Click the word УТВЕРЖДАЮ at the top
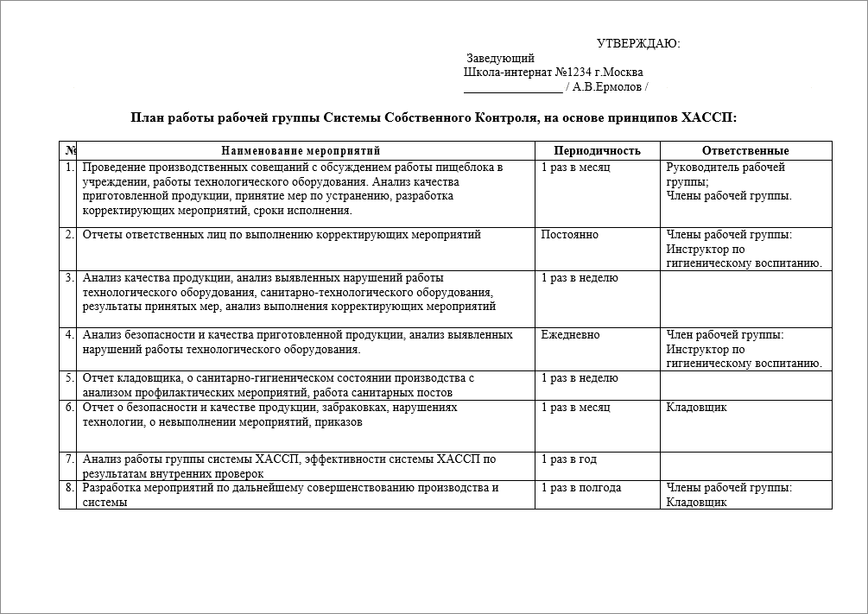click(x=638, y=44)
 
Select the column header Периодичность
click(x=597, y=151)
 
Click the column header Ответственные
click(x=745, y=151)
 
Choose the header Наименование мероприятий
click(x=306, y=151)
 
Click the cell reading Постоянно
click(x=569, y=235)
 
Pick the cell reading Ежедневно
click(x=570, y=335)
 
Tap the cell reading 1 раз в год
click(x=568, y=459)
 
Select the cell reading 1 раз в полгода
click(x=580, y=488)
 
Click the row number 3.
click(x=69, y=278)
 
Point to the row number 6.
click(x=69, y=407)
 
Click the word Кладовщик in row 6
click(x=696, y=407)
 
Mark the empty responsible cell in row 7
click(x=745, y=465)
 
